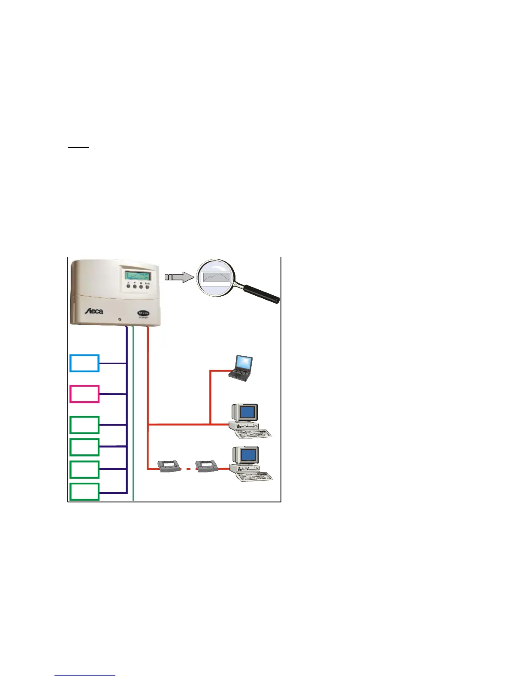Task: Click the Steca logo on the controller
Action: pos(93,311)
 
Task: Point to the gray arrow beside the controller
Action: pos(179,277)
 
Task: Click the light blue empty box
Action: pos(84,363)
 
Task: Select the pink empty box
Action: pos(84,394)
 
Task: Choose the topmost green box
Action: pos(84,425)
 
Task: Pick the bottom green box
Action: pos(84,492)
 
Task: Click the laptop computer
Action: pos(241,368)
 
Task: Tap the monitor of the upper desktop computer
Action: pos(246,412)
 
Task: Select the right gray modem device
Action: pos(208,466)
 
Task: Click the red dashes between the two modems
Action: pos(188,469)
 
